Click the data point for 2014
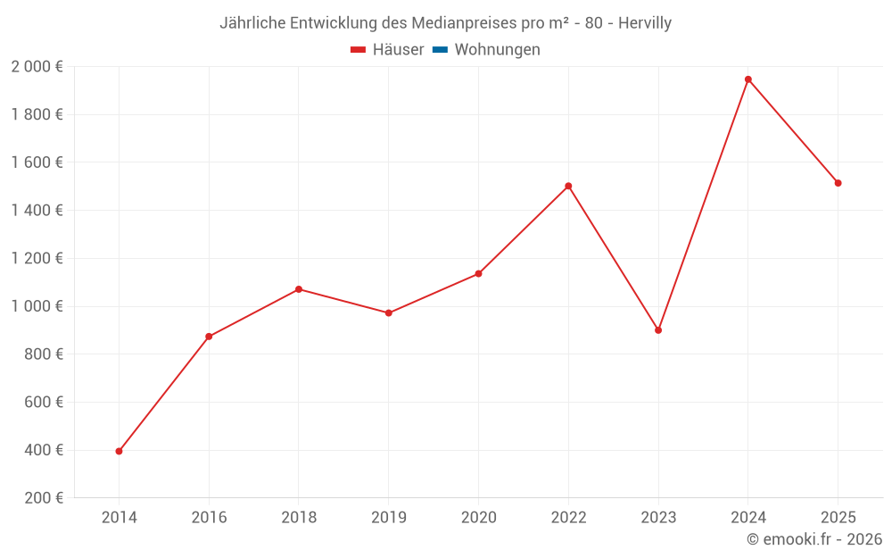point(119,451)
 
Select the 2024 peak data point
point(748,79)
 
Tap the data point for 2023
point(658,330)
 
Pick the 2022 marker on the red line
point(568,186)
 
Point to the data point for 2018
point(299,289)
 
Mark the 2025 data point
point(838,183)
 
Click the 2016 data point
point(209,337)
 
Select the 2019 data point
point(389,313)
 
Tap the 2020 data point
point(478,273)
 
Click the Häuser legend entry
point(387,50)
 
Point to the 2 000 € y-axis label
point(37,67)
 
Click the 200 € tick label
point(42,498)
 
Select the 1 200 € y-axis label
point(37,258)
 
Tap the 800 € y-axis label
point(42,354)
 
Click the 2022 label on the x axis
point(568,518)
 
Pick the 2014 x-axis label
point(119,518)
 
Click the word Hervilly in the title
point(641,23)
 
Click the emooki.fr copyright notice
point(814,539)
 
